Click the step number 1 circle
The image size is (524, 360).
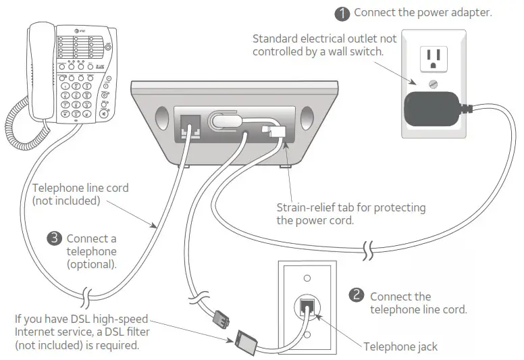point(344,13)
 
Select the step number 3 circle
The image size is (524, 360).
point(55,238)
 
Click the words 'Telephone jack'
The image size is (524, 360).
point(400,346)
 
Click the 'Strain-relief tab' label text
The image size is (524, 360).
point(321,207)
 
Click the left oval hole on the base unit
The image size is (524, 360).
point(160,119)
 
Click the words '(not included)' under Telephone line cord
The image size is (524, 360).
point(65,201)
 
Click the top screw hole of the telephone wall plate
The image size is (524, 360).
point(307,277)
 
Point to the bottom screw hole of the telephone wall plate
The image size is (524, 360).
point(307,334)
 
